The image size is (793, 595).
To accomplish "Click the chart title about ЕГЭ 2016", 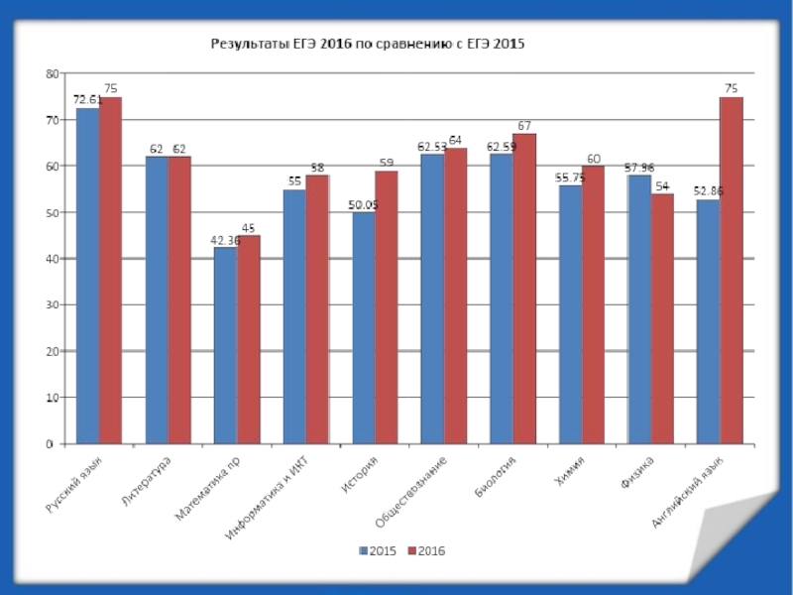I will (364, 45).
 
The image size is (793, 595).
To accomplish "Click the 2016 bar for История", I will (386, 307).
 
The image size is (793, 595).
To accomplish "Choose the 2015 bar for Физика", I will (638, 309).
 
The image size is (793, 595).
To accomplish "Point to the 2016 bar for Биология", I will (524, 289).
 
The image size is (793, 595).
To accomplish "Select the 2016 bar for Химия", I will (593, 304).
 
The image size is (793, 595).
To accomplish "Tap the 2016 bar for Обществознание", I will (455, 296).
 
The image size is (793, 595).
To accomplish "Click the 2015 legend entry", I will (376, 550).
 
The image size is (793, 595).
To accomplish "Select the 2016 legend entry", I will (426, 550).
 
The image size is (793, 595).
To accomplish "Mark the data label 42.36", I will (225, 239).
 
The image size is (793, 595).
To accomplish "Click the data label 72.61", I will (87, 99).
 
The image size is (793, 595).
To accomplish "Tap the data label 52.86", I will (708, 190).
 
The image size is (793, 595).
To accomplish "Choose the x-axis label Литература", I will (147, 483).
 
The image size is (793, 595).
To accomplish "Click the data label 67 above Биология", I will (524, 125).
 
